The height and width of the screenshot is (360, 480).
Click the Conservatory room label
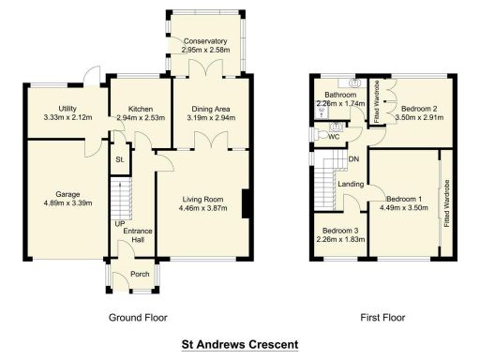click(x=205, y=41)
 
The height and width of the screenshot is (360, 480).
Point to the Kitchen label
click(x=140, y=109)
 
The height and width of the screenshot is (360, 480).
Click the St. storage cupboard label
click(x=120, y=160)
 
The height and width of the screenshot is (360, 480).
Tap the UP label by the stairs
click(x=119, y=224)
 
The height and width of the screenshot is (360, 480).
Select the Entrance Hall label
click(x=138, y=235)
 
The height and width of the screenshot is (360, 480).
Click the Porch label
click(x=139, y=275)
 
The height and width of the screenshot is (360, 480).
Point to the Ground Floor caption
click(x=139, y=318)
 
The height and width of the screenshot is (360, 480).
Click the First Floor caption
click(x=383, y=318)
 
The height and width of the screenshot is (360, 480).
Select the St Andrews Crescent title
click(x=239, y=344)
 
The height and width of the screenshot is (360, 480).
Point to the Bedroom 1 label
click(x=406, y=198)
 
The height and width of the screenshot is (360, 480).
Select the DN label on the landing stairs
click(x=353, y=159)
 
